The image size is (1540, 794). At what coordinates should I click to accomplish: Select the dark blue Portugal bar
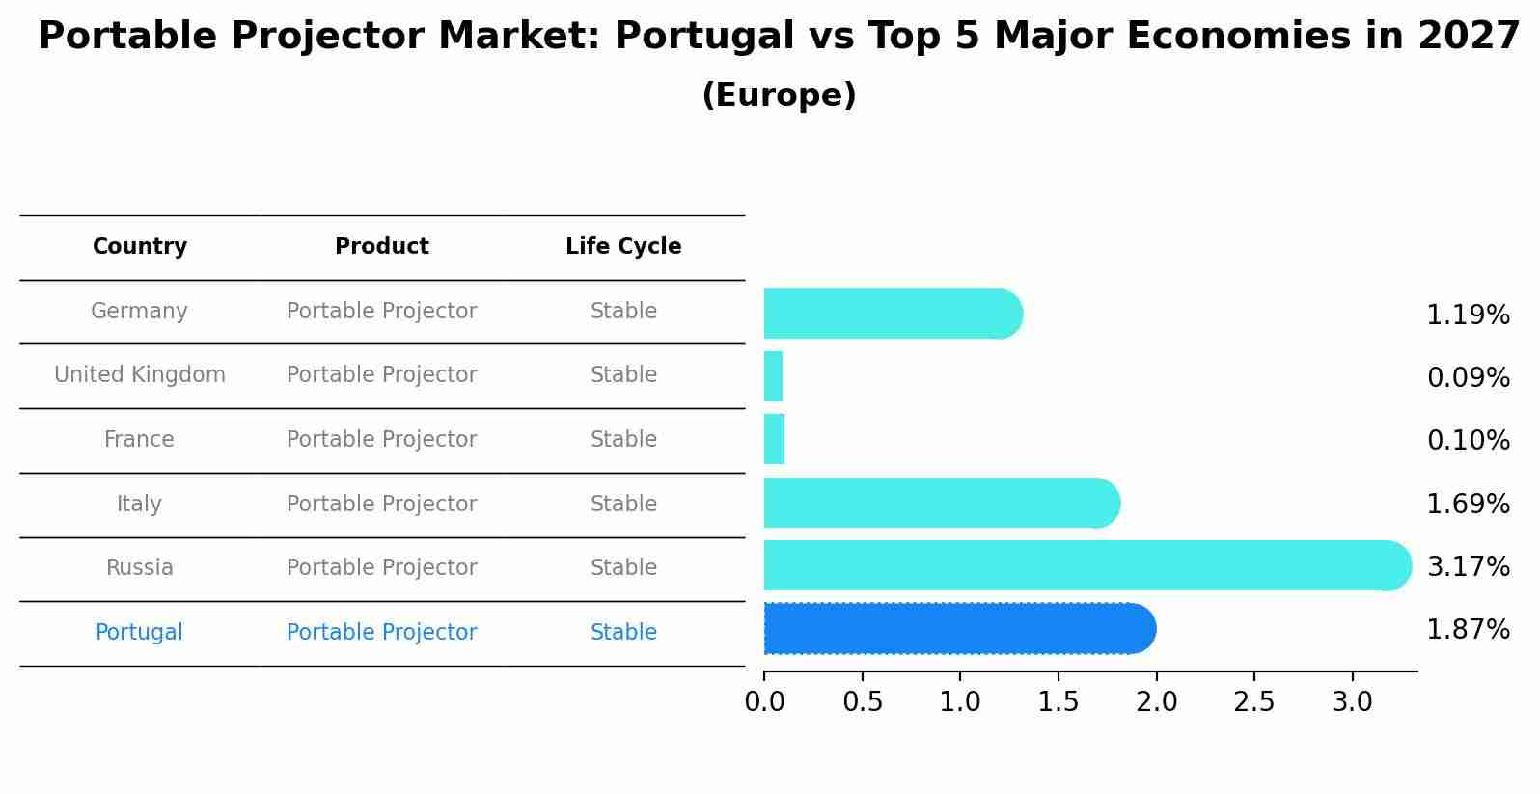959,629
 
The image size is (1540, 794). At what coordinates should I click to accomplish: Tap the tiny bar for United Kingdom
773,376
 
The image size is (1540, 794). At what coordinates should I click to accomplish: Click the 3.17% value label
1468,566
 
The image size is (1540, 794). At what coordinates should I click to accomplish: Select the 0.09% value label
1468,377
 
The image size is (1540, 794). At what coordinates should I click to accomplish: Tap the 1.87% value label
1468,630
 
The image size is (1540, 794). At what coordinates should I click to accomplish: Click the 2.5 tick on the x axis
1253,702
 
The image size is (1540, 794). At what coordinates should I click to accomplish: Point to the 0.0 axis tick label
764,702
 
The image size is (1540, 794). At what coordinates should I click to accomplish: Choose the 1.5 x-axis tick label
1058,702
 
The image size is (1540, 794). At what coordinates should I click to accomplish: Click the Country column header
140,247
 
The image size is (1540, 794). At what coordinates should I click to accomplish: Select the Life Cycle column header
623,247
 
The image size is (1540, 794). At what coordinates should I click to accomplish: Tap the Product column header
382,247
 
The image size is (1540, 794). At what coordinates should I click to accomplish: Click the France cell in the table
139,440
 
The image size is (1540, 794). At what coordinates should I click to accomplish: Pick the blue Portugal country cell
139,633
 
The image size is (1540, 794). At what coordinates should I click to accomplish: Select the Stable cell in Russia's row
623,568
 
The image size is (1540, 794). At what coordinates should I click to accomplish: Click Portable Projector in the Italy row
382,505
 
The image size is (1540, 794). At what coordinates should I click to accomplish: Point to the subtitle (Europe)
779,96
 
